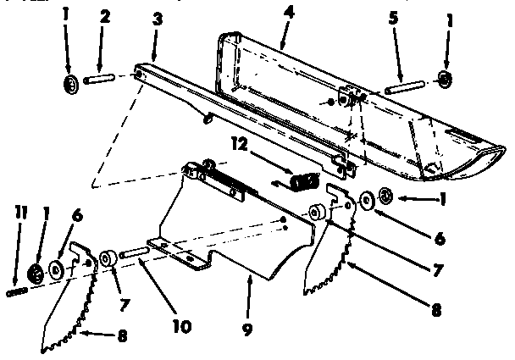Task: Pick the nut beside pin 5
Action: tap(443, 80)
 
